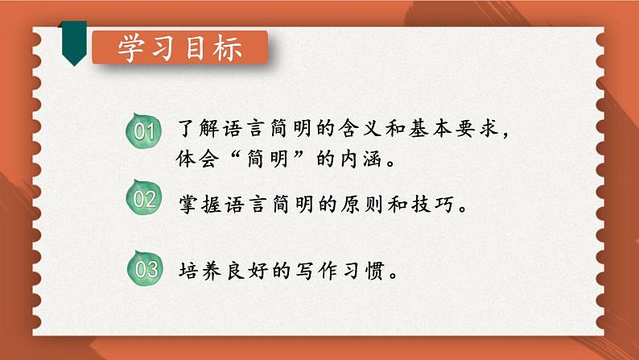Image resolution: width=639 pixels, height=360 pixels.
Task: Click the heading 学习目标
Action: click(x=179, y=48)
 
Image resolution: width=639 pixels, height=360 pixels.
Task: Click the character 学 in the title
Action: click(x=132, y=48)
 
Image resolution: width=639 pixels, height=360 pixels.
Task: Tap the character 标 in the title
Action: click(x=226, y=48)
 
